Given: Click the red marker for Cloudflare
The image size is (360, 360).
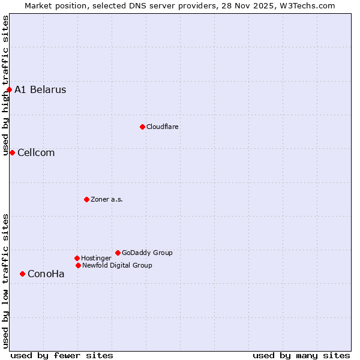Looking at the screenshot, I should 142,127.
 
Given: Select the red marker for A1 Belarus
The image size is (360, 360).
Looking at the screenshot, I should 9,90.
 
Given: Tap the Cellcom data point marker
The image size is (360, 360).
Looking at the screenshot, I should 12,152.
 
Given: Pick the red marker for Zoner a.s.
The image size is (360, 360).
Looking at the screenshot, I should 86,199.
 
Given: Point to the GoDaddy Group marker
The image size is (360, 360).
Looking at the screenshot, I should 118,253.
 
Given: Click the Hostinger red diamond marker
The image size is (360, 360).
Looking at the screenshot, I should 77,258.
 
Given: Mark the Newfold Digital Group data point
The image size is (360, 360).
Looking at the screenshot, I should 78,265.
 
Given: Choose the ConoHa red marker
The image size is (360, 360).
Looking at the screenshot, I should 22,274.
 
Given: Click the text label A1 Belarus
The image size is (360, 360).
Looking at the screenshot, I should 40,90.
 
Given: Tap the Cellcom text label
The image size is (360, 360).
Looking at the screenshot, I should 36,152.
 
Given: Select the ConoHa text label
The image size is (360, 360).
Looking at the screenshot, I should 46,274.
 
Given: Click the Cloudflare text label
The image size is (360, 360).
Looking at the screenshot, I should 163,127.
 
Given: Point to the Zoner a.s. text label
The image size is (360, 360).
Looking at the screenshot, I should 107,199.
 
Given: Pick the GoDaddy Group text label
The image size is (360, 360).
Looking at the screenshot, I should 147,253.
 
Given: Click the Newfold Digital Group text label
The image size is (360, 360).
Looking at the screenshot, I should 117,265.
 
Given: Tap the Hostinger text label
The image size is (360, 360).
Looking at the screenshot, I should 96,258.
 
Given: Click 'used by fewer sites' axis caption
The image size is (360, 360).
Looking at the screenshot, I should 62,355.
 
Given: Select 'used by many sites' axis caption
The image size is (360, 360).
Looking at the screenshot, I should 301,355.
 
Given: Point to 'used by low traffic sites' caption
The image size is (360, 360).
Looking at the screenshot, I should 5,281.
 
